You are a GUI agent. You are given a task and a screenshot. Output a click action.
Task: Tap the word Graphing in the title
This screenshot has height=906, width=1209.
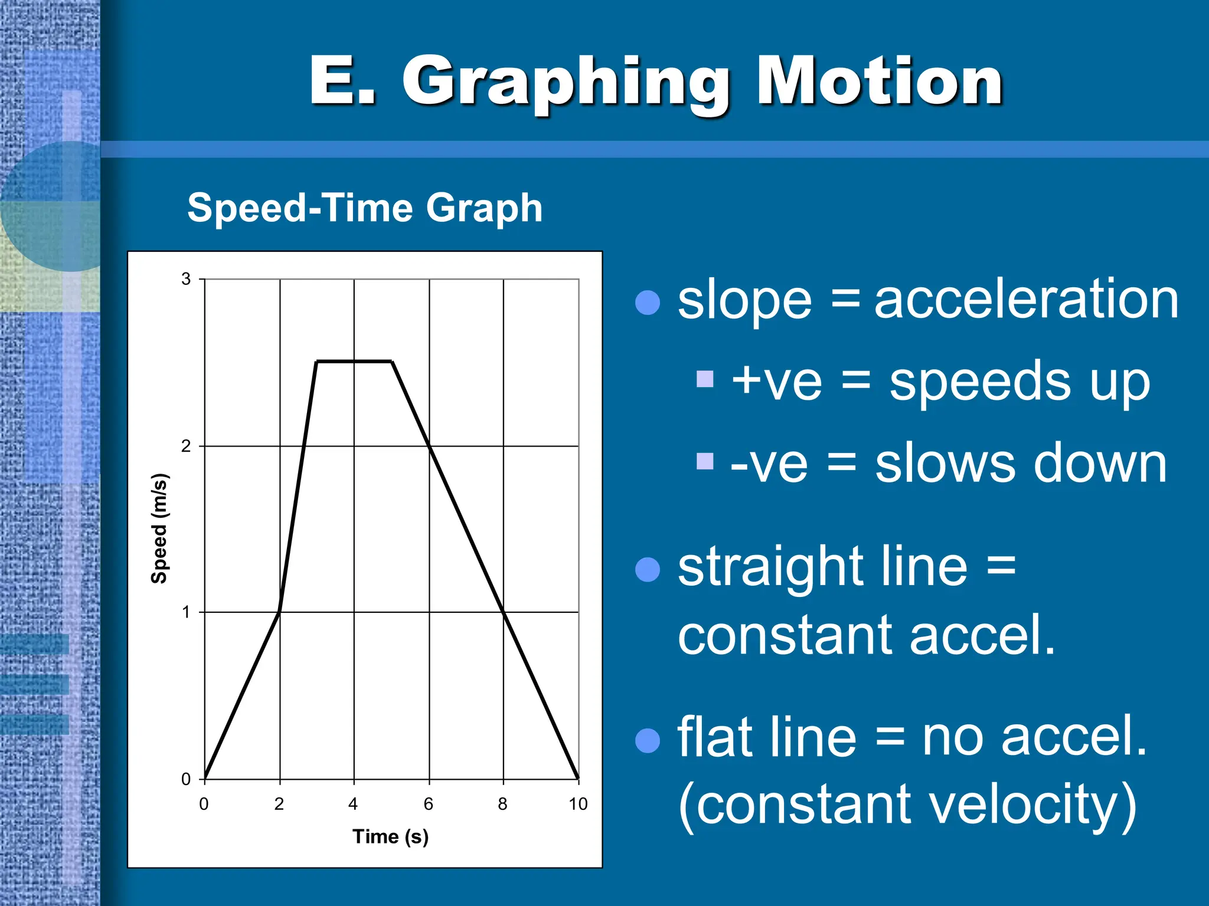tap(567, 83)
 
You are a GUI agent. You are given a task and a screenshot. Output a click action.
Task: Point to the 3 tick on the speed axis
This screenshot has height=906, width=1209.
tap(186, 279)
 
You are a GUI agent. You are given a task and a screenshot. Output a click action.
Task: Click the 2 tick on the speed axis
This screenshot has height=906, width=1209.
tap(186, 446)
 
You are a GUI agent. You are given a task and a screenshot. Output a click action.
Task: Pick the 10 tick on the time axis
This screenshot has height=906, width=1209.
tap(578, 804)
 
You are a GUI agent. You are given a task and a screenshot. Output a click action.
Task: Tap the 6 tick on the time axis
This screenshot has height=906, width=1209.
tap(429, 804)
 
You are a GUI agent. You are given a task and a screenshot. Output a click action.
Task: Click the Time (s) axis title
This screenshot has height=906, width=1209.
tap(390, 836)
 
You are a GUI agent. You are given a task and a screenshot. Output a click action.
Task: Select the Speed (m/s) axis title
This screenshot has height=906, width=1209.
tap(159, 528)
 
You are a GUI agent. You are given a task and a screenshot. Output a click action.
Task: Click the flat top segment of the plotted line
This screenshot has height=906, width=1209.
tap(354, 361)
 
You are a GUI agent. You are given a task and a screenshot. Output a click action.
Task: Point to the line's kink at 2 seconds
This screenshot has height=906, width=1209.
tap(279, 612)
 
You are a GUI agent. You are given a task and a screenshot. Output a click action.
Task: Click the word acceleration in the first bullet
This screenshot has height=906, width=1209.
tap(1026, 300)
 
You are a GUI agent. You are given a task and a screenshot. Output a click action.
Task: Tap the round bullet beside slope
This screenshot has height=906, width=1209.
tap(647, 303)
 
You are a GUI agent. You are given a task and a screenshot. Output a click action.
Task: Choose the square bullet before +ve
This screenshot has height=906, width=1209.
tap(705, 379)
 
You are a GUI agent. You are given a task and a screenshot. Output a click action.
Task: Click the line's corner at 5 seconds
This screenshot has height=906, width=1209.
tap(392, 362)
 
